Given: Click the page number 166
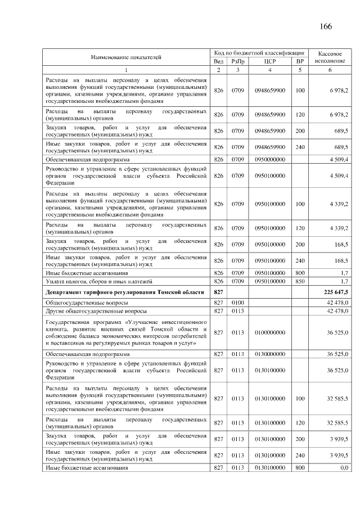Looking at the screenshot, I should [x=326, y=27].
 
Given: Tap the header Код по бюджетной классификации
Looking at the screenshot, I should [x=259, y=52].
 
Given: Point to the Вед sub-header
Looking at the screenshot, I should [x=219, y=61].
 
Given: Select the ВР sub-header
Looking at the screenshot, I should [x=300, y=61].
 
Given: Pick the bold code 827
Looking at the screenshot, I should [x=219, y=292].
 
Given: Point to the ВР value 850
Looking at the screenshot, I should [x=300, y=281].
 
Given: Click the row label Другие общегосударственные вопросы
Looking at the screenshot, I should [x=96, y=311].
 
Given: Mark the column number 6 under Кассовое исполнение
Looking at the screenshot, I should [x=330, y=70].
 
